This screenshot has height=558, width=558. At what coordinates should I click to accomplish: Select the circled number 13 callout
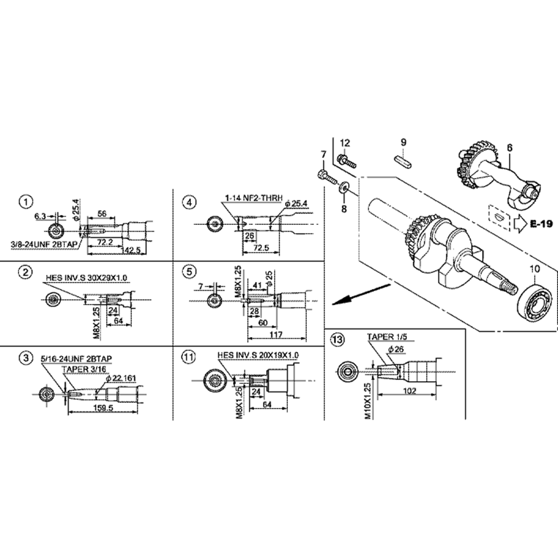(336, 339)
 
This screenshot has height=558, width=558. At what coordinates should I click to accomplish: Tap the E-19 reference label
(541, 224)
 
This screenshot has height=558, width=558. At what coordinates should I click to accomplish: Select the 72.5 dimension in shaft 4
(258, 247)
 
